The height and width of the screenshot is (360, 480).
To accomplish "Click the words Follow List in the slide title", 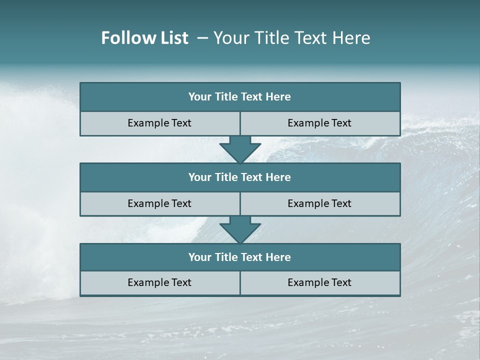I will pos(144,38).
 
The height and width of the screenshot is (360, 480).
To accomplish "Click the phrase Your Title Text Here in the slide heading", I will pos(291,38).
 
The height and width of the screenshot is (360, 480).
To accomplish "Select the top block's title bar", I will pos(240,97).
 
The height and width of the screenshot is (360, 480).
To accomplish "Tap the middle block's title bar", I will pos(240,177).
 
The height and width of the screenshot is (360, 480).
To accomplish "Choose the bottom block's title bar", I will pos(240,257).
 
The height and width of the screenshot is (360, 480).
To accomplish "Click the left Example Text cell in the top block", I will pos(159,123).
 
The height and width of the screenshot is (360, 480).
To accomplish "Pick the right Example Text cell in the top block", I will pos(319,123).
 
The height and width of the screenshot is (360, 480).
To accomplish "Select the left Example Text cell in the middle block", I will pos(159,203).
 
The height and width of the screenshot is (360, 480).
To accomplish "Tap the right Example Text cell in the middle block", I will pos(319,203).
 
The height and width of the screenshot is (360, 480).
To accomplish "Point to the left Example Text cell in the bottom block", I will pos(159,282).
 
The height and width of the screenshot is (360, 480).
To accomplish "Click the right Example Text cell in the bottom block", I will pos(319,282).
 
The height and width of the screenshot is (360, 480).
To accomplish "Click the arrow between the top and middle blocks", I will pos(240,149).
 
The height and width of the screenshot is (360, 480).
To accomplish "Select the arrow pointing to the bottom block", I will pos(240,229).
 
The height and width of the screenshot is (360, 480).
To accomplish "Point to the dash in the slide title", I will pos(202,38).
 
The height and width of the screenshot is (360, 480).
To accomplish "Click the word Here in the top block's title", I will pos(278,97).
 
